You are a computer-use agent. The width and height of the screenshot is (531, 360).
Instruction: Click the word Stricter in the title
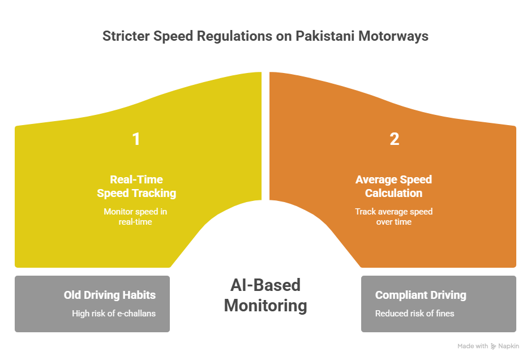pyautogui.click(x=126, y=36)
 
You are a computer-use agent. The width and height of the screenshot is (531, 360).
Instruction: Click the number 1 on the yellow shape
pyautogui.click(x=136, y=139)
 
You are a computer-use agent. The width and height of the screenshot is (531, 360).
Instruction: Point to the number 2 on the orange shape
pyautogui.click(x=394, y=139)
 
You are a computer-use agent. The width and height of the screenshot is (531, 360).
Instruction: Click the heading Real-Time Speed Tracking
pyautogui.click(x=136, y=186)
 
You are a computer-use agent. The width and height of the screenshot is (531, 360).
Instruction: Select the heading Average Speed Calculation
pyautogui.click(x=393, y=186)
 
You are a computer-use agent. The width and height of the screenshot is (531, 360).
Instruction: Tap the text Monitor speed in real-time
pyautogui.click(x=135, y=216)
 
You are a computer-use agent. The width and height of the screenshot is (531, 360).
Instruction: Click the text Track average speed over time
pyautogui.click(x=393, y=216)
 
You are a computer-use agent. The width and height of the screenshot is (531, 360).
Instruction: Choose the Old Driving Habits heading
pyautogui.click(x=109, y=295)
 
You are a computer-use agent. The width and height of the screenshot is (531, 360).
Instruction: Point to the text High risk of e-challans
pyautogui.click(x=113, y=313)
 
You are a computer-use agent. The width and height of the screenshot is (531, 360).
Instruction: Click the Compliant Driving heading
pyautogui.click(x=421, y=295)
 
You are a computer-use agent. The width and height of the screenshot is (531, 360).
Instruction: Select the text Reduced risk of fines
pyautogui.click(x=414, y=313)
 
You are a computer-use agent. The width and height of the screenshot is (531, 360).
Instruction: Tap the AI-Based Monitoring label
pyautogui.click(x=265, y=295)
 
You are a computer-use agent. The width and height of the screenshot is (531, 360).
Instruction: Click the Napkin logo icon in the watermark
pyautogui.click(x=494, y=346)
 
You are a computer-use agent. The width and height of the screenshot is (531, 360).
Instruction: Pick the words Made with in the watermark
pyautogui.click(x=473, y=346)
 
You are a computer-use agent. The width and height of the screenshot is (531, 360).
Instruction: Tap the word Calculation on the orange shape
pyautogui.click(x=393, y=193)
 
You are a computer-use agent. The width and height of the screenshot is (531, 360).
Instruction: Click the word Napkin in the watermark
pyautogui.click(x=509, y=346)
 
